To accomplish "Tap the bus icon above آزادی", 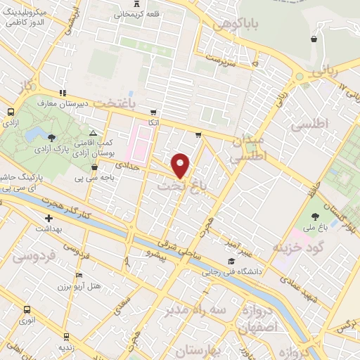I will point(11,112).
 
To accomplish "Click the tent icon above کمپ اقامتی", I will point(93,132).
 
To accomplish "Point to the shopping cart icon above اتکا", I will point(153,112).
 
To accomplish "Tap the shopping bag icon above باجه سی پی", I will point(95,167).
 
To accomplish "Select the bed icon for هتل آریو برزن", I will point(79,275).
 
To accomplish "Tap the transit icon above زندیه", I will point(66,336).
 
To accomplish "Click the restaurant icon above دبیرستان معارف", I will point(63,92).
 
